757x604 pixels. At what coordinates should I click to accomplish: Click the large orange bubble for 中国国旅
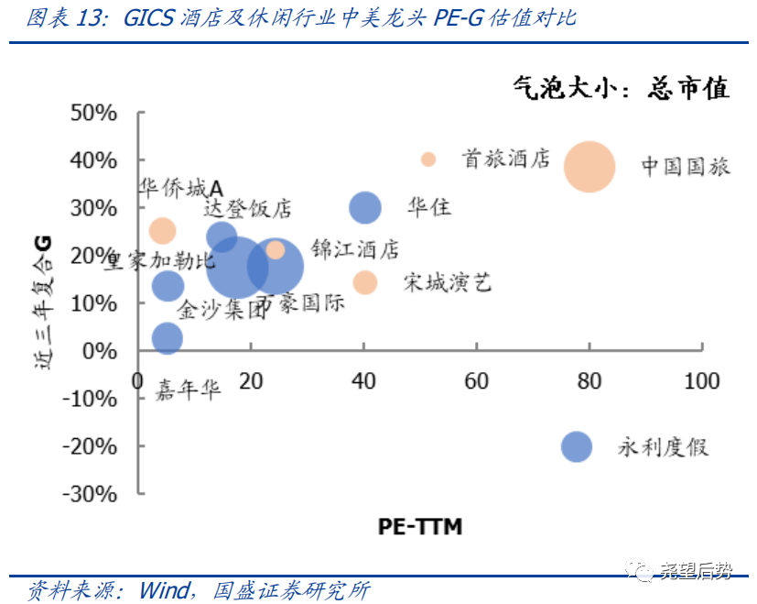click(x=589, y=166)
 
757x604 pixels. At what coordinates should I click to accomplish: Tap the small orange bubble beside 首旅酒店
click(x=428, y=159)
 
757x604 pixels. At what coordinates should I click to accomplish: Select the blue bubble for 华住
click(x=365, y=208)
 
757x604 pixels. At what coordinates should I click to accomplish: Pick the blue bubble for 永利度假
click(x=577, y=446)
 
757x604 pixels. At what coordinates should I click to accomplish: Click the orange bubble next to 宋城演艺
click(x=365, y=282)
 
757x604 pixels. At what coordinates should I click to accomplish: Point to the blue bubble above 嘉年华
click(x=167, y=337)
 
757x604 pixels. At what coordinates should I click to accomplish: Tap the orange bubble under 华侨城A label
click(x=162, y=230)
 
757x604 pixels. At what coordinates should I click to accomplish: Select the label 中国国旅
click(x=686, y=167)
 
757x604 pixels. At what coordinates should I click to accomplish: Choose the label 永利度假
click(x=664, y=447)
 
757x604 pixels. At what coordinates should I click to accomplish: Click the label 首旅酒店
click(x=506, y=159)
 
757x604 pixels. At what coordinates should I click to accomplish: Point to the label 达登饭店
click(x=247, y=209)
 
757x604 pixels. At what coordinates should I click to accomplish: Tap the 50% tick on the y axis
click(x=94, y=113)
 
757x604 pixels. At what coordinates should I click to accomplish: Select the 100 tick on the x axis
click(x=702, y=380)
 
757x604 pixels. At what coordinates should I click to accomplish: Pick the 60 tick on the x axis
click(x=476, y=380)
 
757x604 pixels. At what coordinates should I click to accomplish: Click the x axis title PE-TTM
click(x=420, y=526)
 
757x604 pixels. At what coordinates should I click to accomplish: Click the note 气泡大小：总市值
click(x=622, y=88)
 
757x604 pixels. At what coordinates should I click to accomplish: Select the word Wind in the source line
click(x=165, y=589)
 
